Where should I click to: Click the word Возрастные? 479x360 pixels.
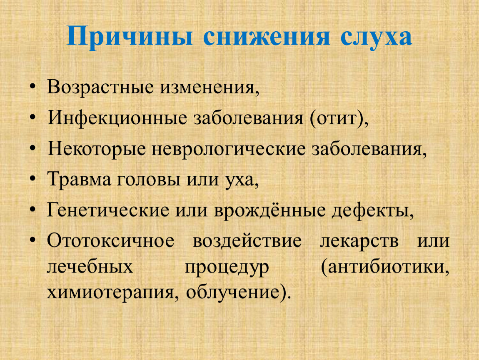click(x=100, y=87)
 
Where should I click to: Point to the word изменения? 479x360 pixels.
click(x=207, y=87)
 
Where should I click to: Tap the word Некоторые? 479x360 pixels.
click(x=97, y=149)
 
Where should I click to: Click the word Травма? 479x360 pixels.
click(x=79, y=180)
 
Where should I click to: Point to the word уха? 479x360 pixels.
click(x=239, y=180)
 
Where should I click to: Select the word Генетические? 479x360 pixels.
click(x=108, y=210)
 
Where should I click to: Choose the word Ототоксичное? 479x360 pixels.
click(x=110, y=240)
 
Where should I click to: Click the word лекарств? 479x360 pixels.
click(x=359, y=240)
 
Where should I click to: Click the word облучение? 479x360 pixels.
click(x=232, y=293)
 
